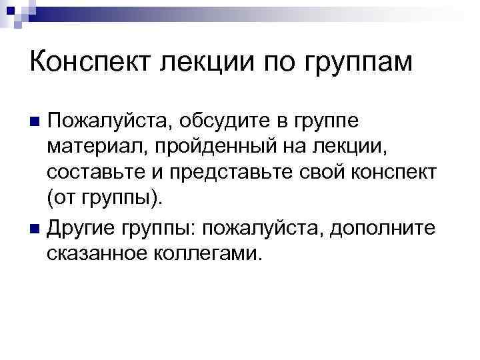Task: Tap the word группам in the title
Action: click(359, 64)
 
